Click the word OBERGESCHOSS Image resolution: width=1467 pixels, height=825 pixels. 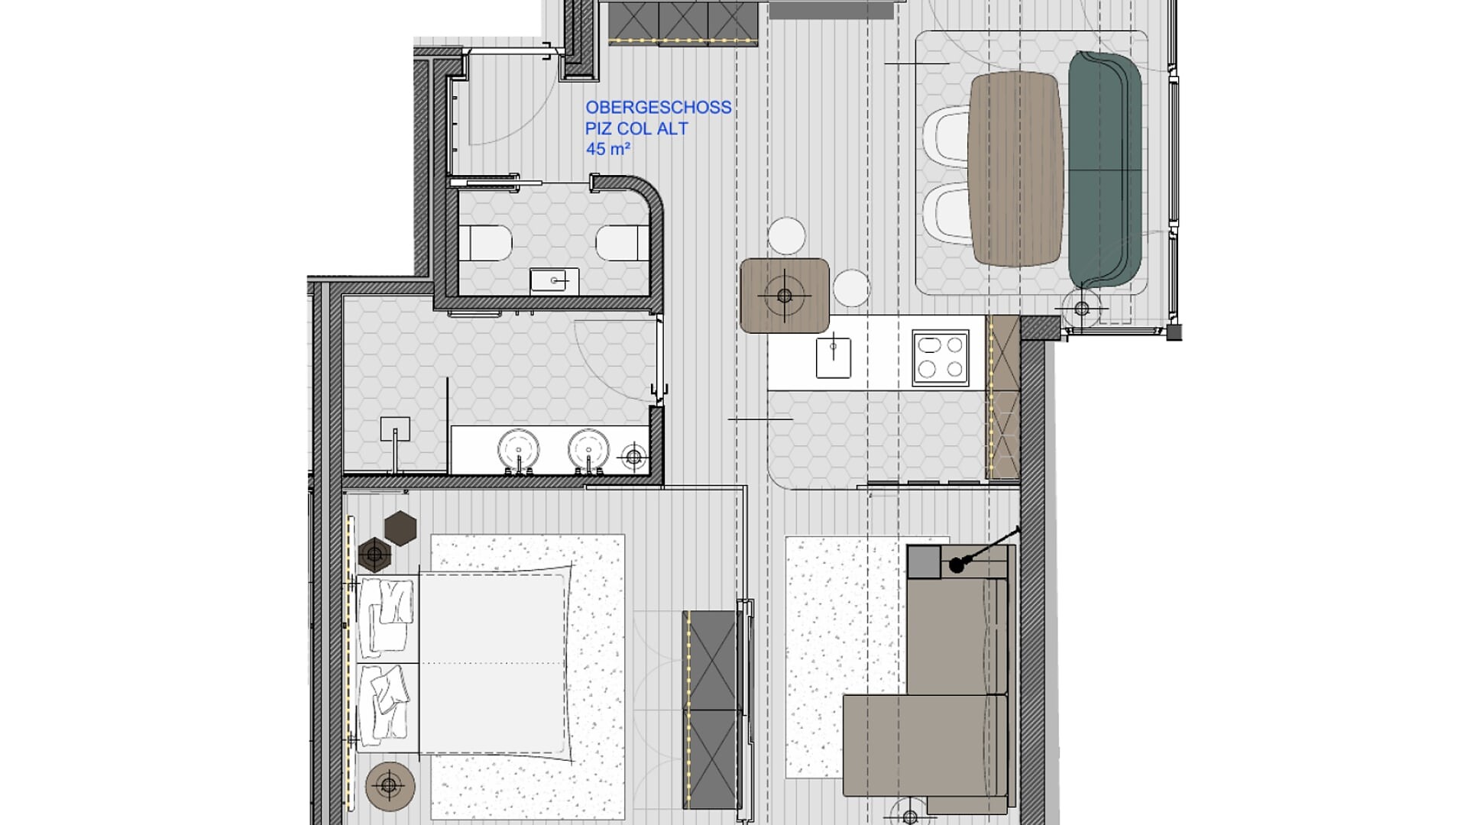pyautogui.click(x=658, y=108)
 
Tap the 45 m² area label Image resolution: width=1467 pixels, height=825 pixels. pyautogui.click(x=608, y=149)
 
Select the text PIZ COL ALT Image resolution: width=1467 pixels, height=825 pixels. pyautogui.click(x=636, y=128)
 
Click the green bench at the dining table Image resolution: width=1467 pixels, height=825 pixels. pyautogui.click(x=1105, y=169)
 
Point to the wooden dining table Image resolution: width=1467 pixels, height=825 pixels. pyautogui.click(x=1015, y=169)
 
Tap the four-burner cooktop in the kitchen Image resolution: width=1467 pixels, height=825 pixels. pyautogui.click(x=941, y=357)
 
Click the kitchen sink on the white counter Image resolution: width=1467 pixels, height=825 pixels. pyautogui.click(x=833, y=357)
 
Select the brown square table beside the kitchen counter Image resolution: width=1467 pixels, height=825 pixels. pyautogui.click(x=785, y=296)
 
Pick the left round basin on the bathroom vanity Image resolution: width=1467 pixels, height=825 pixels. pyautogui.click(x=519, y=449)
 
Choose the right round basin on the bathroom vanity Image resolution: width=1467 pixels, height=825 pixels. pyautogui.click(x=588, y=449)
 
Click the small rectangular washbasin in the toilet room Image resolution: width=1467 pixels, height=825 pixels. pyautogui.click(x=554, y=281)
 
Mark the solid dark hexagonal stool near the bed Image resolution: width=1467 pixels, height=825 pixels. pyautogui.click(x=400, y=528)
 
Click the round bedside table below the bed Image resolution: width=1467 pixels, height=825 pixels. pyautogui.click(x=390, y=785)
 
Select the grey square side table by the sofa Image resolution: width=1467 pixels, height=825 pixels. pyautogui.click(x=924, y=561)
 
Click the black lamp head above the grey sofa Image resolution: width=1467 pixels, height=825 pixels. pyautogui.click(x=957, y=565)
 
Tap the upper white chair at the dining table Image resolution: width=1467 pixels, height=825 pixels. pyautogui.click(x=947, y=137)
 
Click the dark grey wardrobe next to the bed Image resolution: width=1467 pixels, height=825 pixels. pyautogui.click(x=712, y=710)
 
